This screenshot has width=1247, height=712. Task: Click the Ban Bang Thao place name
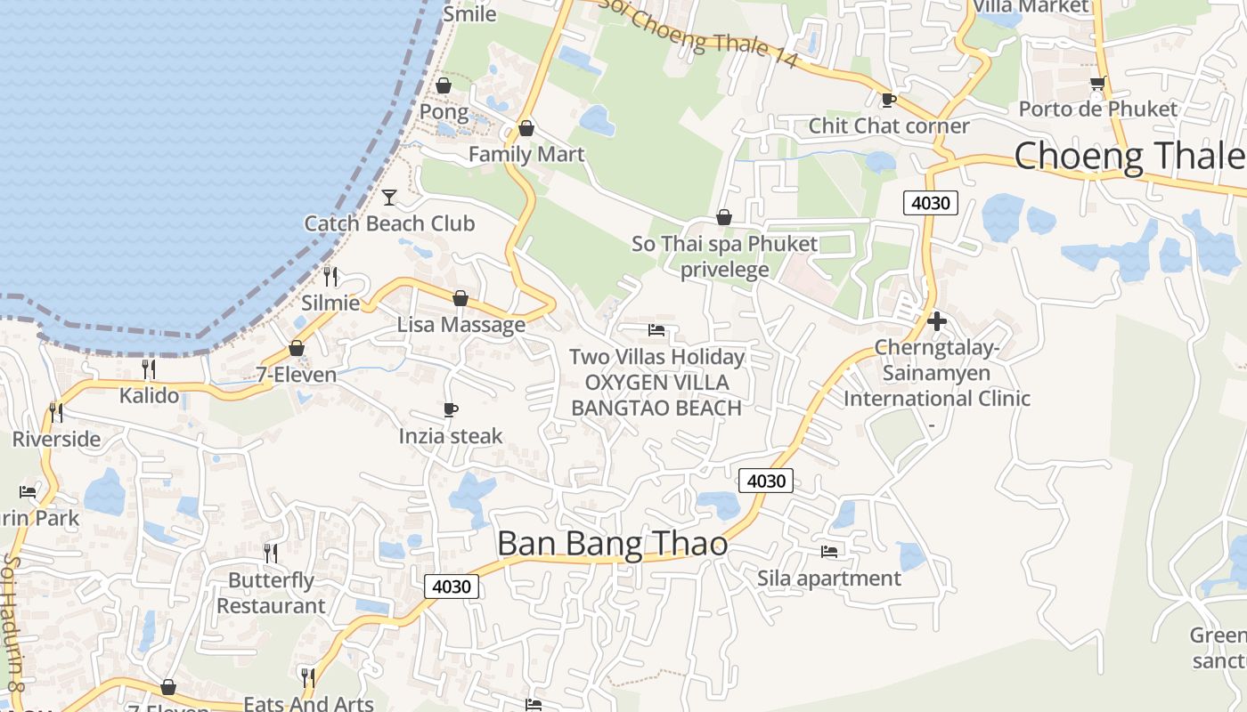(612, 543)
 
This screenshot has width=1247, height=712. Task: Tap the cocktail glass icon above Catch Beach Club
(389, 197)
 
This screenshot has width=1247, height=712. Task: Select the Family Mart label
(526, 154)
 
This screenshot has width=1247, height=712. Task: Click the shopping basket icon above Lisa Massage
(460, 298)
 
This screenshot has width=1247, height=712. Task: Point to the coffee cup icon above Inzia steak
(451, 409)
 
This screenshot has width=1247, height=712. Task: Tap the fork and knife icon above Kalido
(149, 368)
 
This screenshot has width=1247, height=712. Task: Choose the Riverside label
(56, 439)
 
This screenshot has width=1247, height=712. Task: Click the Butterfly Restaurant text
(271, 593)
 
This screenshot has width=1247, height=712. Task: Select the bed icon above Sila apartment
(829, 552)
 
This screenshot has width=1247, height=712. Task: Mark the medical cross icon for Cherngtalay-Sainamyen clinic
(936, 320)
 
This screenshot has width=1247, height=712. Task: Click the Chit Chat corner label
(888, 125)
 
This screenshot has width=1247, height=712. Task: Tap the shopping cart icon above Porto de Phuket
(1097, 83)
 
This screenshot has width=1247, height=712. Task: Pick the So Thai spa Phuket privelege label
(724, 256)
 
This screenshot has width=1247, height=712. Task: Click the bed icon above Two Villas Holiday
(656, 330)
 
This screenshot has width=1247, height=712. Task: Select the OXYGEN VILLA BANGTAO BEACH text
(656, 395)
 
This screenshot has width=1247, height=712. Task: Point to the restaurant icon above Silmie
(330, 276)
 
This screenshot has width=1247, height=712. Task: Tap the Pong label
(444, 112)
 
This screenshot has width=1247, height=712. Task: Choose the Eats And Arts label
(308, 703)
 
